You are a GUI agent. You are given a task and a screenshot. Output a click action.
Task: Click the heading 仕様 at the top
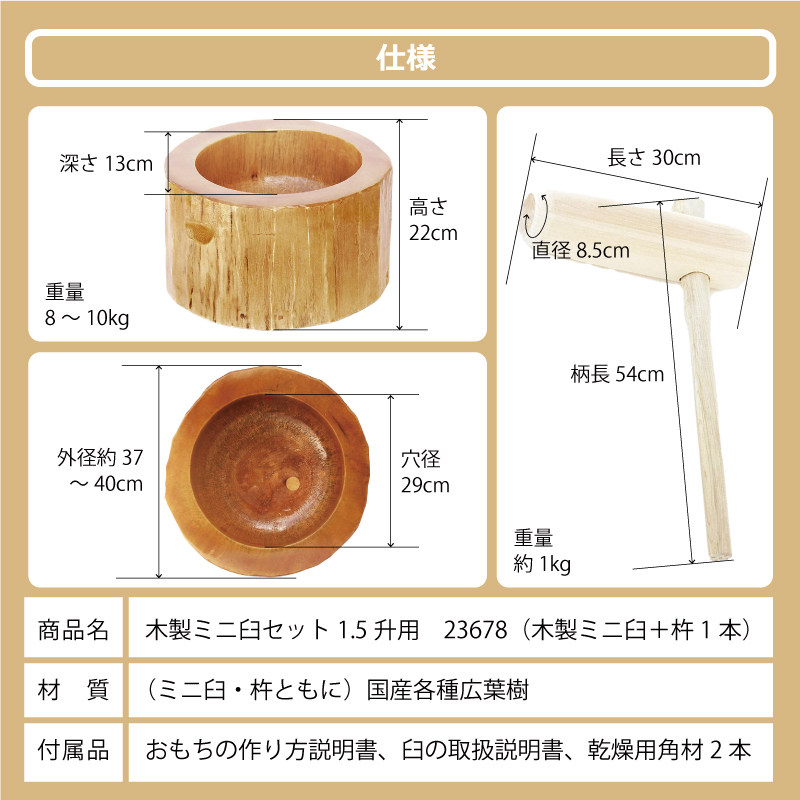(400, 58)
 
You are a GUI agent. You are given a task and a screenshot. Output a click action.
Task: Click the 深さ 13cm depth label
(106, 163)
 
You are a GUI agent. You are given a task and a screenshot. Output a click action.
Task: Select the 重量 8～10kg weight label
(87, 305)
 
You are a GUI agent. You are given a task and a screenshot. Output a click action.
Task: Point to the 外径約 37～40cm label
(100, 471)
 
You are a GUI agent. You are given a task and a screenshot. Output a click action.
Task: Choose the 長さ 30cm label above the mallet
(654, 157)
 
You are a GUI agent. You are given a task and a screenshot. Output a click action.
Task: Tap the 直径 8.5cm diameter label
(581, 250)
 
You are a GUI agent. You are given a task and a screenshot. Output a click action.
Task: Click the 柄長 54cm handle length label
(618, 375)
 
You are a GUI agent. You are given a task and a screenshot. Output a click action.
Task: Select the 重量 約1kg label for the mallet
(544, 551)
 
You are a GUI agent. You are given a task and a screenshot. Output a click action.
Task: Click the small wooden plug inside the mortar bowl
(291, 483)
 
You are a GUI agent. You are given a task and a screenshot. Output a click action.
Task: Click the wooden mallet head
(640, 230)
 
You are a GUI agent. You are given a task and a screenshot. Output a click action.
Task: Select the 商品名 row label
(73, 631)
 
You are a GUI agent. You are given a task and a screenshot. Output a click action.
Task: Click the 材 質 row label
(73, 690)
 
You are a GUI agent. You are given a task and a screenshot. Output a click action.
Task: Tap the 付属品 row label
(73, 749)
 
